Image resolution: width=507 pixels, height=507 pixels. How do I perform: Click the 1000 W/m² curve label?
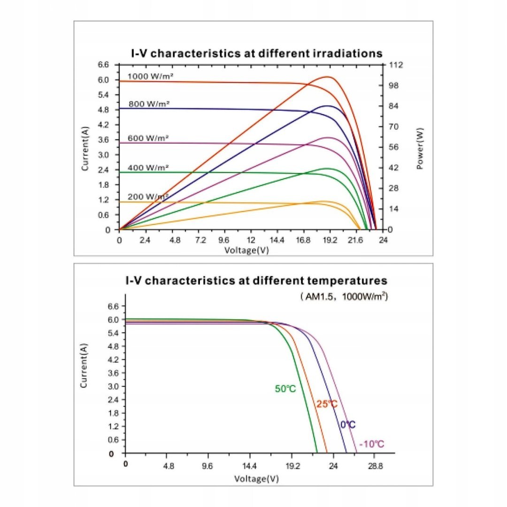[148, 76]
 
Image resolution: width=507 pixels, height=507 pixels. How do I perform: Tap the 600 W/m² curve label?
[148, 138]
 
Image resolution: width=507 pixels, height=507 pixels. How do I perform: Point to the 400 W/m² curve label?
[148, 168]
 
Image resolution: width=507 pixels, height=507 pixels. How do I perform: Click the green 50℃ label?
[285, 389]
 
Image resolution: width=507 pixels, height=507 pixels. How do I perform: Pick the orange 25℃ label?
[327, 404]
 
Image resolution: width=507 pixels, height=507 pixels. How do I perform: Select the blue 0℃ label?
[348, 424]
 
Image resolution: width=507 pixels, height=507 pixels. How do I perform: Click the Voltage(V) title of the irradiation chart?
[246, 250]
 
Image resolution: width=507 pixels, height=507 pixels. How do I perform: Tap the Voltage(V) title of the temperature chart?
[256, 479]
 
